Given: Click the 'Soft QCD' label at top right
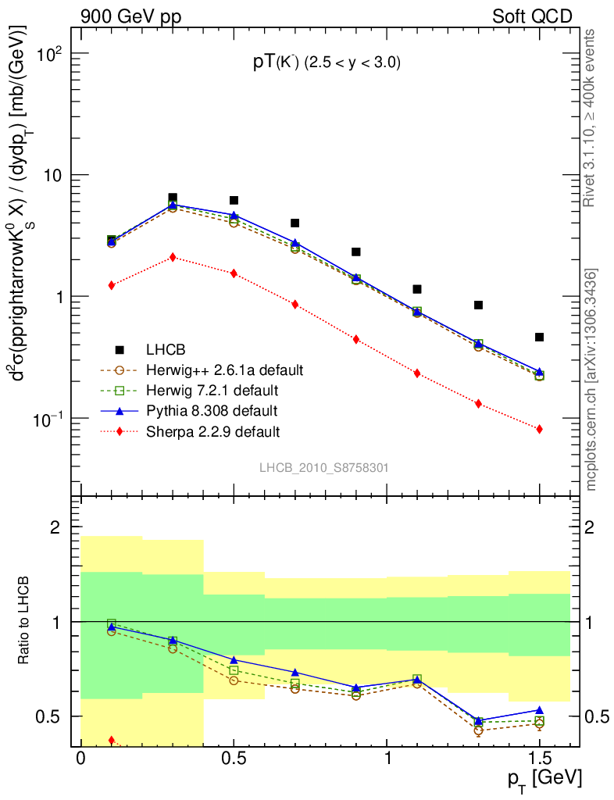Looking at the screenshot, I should click(x=532, y=16).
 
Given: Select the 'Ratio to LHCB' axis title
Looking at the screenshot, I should click(x=27, y=621).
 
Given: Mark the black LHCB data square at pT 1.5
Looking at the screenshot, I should click(x=539, y=337).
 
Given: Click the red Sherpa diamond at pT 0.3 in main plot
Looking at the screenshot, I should click(x=173, y=257).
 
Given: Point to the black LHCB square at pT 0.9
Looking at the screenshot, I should click(x=356, y=252).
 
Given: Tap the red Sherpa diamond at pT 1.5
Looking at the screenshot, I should click(x=539, y=429).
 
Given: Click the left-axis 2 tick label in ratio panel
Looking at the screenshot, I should click(x=55, y=528).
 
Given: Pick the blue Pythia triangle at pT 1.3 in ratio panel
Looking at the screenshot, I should click(x=478, y=721).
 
